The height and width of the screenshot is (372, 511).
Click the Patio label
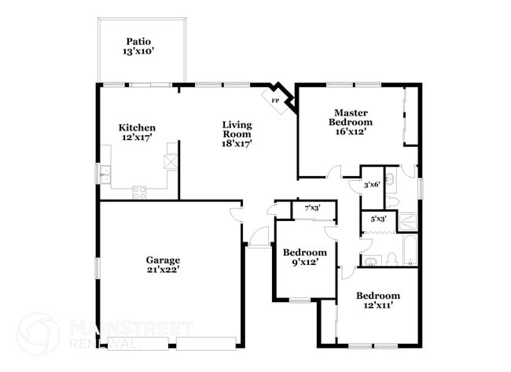pos(139,42)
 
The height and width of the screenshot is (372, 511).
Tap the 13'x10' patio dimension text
pos(139,52)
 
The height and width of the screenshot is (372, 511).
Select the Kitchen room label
pos(137,127)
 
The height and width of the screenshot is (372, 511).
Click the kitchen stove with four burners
pos(139,191)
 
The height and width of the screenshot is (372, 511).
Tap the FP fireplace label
pos(275,101)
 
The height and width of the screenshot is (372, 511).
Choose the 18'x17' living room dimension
pos(236,143)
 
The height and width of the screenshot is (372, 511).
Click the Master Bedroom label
pos(351,117)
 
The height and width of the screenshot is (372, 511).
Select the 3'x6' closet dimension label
pos(372,185)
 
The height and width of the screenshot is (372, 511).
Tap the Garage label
pos(163,260)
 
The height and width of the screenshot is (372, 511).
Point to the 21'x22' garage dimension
pos(163,271)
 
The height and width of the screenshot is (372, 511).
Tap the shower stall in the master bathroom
pos(409,222)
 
